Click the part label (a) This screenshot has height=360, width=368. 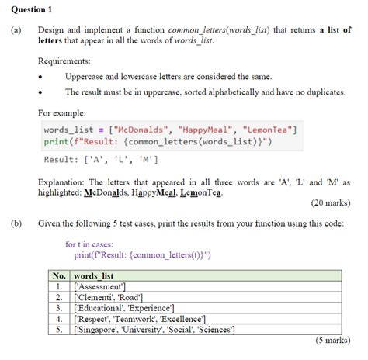[16, 29]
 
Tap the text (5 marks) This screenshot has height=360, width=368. [334, 341]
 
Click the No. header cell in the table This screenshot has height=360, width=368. [58, 275]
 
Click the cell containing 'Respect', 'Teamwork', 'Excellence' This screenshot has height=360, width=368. [139, 319]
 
